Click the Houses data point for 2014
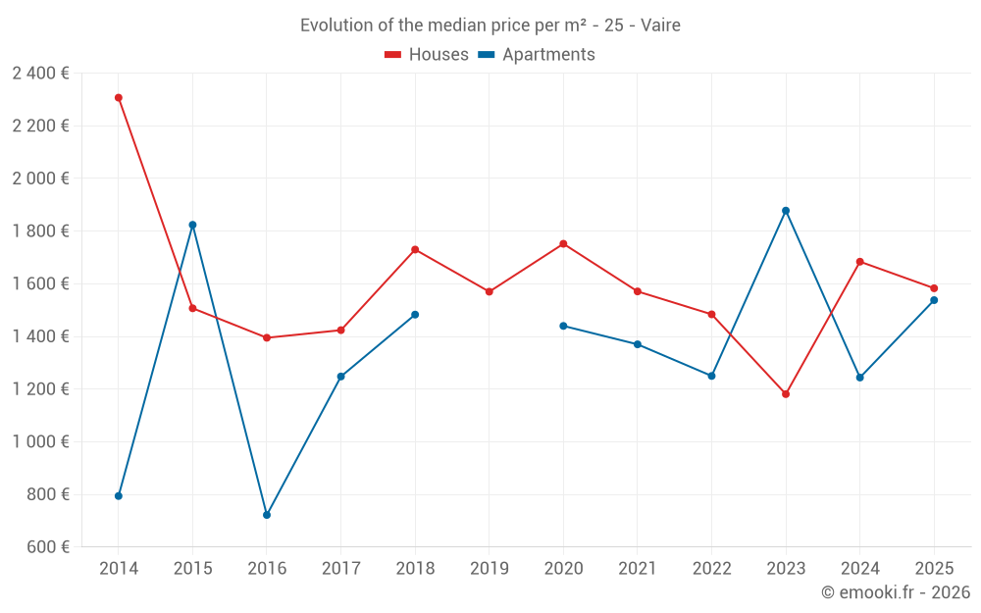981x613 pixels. [x=119, y=98]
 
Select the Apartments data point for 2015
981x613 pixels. [x=192, y=225]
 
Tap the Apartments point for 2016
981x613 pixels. [x=267, y=515]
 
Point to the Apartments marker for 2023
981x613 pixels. [x=786, y=211]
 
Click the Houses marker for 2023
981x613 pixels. [x=786, y=394]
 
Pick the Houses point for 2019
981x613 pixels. [x=490, y=291]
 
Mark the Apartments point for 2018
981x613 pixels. [x=415, y=315]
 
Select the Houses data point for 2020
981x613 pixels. [x=563, y=244]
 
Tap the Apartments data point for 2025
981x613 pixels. [x=934, y=300]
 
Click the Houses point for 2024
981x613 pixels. [x=860, y=262]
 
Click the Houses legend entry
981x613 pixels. [x=427, y=55]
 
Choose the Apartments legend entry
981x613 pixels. [x=537, y=55]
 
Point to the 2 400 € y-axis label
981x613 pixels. [x=40, y=73]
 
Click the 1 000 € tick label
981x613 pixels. [x=40, y=441]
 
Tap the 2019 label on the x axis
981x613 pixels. [x=490, y=568]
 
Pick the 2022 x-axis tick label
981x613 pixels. [x=712, y=568]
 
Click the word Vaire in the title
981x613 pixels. [x=660, y=26]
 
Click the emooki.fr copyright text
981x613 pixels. [x=896, y=592]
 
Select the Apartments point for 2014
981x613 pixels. [x=119, y=496]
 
